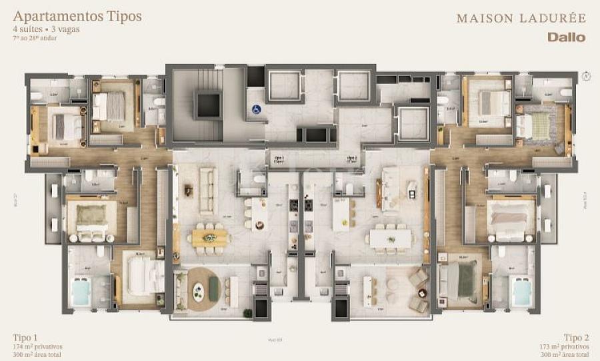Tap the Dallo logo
click(566, 37)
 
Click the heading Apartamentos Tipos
click(77, 16)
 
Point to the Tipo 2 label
click(575, 337)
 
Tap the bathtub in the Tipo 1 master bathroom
click(82, 291)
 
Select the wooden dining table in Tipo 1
click(209, 237)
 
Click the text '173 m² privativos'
click(564, 347)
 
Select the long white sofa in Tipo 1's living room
click(208, 181)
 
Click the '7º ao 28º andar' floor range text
click(35, 38)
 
